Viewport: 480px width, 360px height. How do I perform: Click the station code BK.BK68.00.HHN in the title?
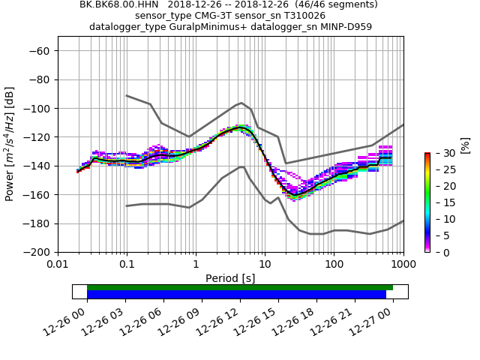tap(120, 4)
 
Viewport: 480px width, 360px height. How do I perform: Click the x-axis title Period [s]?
tap(230, 278)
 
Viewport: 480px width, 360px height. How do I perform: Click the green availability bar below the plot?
tap(240, 287)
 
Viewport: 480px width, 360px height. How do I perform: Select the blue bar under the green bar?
tap(236, 295)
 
